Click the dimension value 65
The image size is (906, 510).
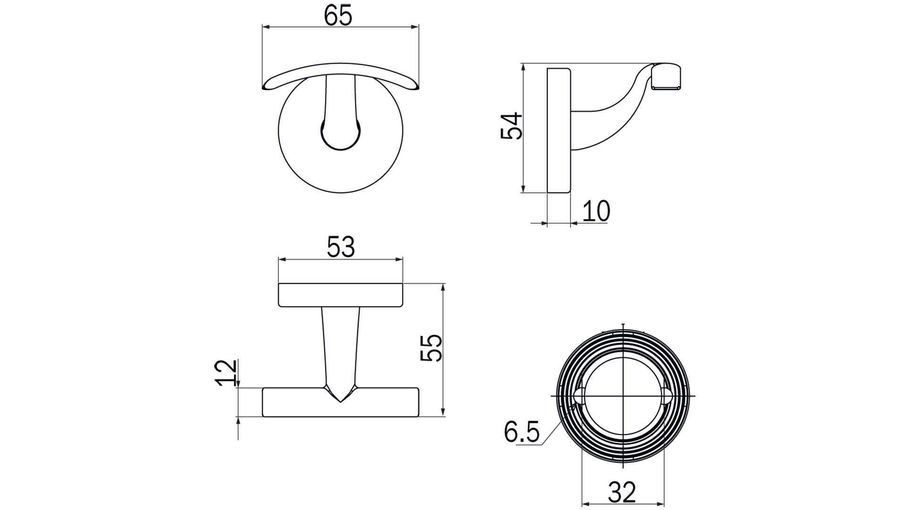point(338,17)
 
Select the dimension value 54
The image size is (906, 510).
point(512,126)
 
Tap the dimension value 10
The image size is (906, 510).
point(596,211)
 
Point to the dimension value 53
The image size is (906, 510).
point(341,247)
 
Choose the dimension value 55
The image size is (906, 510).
point(431,348)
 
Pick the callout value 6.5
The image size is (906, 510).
point(521,432)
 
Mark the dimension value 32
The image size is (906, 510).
point(622,493)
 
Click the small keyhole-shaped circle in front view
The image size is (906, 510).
point(341,135)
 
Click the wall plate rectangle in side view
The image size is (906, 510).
point(559,130)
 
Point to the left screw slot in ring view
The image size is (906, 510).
point(580,395)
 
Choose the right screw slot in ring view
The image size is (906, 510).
point(666,395)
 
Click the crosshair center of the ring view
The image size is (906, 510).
point(623,395)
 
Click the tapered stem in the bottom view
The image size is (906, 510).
point(341,345)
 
